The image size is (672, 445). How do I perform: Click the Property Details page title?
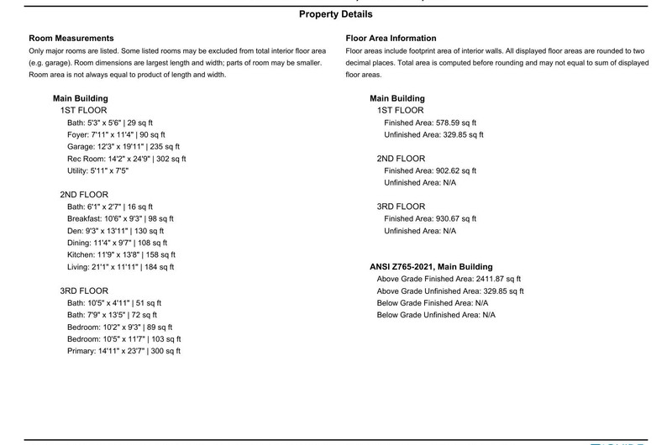click(x=335, y=14)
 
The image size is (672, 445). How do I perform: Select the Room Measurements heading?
click(x=71, y=39)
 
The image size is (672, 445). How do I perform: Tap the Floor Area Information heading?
click(x=391, y=39)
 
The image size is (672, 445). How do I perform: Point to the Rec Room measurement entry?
click(x=126, y=158)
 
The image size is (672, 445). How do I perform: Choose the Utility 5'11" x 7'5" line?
click(x=98, y=170)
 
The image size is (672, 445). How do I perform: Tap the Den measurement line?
click(x=115, y=231)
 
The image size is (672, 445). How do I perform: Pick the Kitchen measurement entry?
click(x=121, y=254)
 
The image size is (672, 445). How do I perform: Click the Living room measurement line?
click(x=120, y=267)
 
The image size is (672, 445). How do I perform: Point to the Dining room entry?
click(x=119, y=243)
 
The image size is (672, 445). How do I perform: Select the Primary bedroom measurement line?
click(x=123, y=351)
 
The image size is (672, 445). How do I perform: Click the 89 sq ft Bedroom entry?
click(x=119, y=327)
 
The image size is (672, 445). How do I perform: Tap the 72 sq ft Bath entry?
click(x=113, y=315)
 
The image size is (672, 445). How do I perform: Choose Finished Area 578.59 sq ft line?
click(x=430, y=123)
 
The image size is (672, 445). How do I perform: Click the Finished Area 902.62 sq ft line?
click(x=430, y=170)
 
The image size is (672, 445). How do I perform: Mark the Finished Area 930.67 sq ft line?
click(x=430, y=218)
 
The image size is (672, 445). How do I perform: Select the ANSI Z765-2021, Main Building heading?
click(x=431, y=267)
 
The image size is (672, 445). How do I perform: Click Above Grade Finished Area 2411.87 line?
click(x=449, y=279)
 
